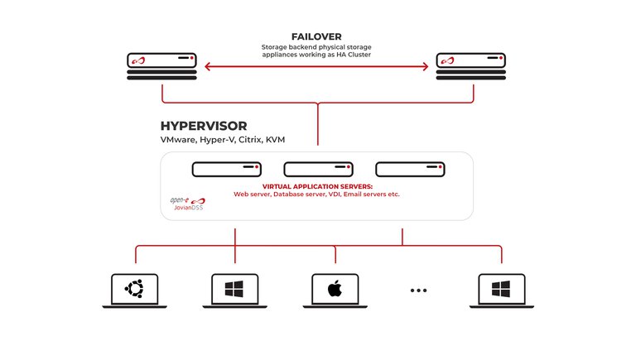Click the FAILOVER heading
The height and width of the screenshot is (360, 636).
coord(317,36)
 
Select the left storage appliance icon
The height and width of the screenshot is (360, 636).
coord(161,66)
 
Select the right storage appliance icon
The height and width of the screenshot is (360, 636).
coord(471,66)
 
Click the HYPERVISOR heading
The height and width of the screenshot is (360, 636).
coord(203,126)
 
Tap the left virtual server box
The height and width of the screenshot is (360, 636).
coord(226,169)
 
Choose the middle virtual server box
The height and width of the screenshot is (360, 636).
coord(317,169)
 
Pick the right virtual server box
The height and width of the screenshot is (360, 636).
coord(409,169)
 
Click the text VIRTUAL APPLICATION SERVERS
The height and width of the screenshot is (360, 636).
coord(317,187)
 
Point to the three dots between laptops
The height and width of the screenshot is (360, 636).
coord(419,290)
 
